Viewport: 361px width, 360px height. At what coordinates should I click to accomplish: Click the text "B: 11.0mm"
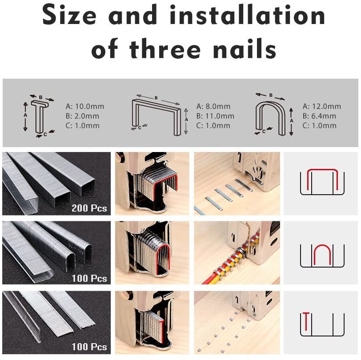point(215,116)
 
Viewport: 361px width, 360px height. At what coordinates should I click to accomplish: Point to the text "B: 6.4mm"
point(319,116)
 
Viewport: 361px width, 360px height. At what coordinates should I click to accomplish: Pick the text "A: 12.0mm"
point(322,106)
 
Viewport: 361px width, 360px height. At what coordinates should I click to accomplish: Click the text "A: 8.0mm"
point(213,106)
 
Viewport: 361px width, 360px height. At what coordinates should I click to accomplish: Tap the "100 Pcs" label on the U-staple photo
point(89,278)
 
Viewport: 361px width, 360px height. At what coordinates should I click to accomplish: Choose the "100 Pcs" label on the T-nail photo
point(89,347)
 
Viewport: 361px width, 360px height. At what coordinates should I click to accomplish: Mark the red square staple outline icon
point(321,180)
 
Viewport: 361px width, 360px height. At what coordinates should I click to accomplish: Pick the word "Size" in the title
point(69,16)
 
